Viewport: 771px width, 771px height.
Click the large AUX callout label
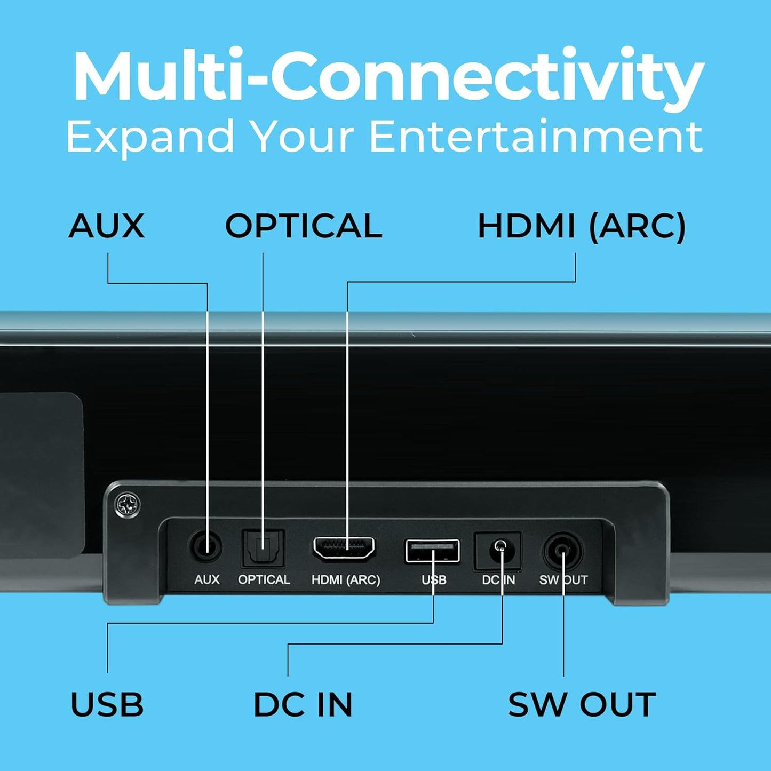coord(107,226)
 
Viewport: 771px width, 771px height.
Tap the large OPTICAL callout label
coord(303,226)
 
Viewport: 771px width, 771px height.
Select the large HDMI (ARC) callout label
coord(581,226)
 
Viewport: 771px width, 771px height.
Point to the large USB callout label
coord(107,704)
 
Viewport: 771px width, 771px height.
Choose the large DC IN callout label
coord(303,704)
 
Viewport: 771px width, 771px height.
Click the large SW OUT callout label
coord(582,704)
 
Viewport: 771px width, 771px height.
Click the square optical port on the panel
coord(263,548)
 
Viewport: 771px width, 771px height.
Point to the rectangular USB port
coord(432,551)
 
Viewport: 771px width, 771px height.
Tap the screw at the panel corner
coord(128,504)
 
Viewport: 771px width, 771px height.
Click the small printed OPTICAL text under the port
coord(264,579)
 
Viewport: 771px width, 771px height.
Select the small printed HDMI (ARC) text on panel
coord(346,579)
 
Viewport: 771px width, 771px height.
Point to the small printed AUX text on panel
coord(206,579)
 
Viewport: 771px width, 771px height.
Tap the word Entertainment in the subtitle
coord(536,137)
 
